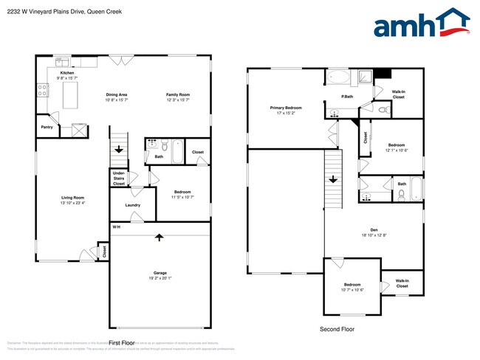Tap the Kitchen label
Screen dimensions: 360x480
pyautogui.click(x=67, y=74)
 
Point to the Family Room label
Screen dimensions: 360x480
pyautogui.click(x=177, y=94)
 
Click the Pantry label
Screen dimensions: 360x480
pyautogui.click(x=47, y=126)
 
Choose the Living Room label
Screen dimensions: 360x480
pyautogui.click(x=72, y=198)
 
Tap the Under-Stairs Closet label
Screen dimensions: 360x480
pyautogui.click(x=118, y=178)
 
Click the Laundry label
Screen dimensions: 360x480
pyautogui.click(x=133, y=205)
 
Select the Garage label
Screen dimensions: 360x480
pyautogui.click(x=160, y=274)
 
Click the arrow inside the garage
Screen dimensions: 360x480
pyautogui.click(x=160, y=238)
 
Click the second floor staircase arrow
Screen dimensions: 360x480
pyautogui.click(x=333, y=178)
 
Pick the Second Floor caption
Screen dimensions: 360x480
pyautogui.click(x=337, y=329)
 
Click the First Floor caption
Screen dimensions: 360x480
pyautogui.click(x=124, y=343)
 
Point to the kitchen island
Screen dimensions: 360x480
pyautogui.click(x=72, y=95)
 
